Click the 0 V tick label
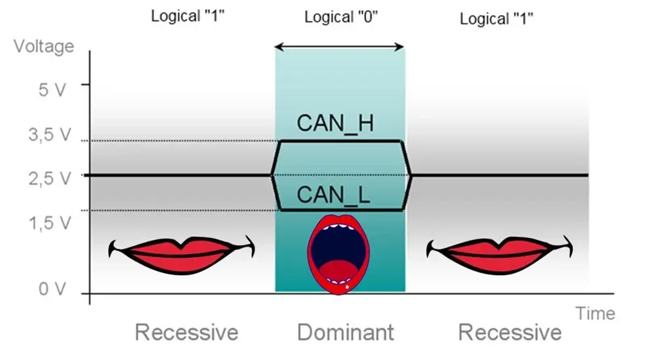(52, 289)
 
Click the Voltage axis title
(44, 47)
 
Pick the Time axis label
(595, 313)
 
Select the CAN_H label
(335, 123)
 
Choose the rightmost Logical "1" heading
(496, 18)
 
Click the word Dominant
(346, 332)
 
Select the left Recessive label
(187, 332)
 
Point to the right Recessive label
(510, 332)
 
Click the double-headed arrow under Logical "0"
(338, 47)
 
